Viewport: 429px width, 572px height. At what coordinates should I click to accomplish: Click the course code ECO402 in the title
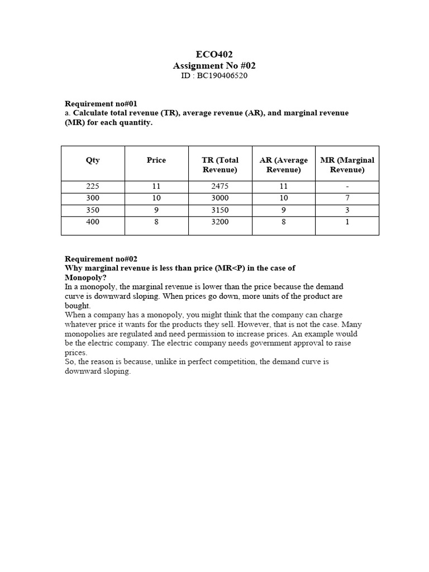click(214, 54)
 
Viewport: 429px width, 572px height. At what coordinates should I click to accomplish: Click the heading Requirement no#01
click(101, 104)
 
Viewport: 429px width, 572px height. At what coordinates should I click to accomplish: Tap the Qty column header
click(93, 160)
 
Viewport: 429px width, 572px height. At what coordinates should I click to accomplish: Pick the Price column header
click(156, 160)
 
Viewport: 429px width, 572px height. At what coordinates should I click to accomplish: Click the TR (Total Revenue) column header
click(220, 165)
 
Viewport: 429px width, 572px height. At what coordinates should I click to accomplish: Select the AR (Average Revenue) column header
click(284, 165)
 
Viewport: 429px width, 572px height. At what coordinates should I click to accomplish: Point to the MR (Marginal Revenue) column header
click(347, 165)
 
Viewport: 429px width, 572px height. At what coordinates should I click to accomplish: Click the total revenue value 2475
click(220, 187)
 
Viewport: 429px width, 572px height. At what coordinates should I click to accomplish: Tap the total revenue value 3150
click(220, 211)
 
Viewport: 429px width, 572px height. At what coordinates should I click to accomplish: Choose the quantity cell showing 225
click(93, 187)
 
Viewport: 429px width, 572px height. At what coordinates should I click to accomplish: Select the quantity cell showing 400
click(93, 222)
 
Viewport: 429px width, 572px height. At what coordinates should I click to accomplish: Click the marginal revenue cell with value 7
click(347, 198)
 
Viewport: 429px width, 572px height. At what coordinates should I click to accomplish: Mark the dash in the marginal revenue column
click(347, 187)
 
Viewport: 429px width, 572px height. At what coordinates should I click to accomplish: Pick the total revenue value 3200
click(220, 222)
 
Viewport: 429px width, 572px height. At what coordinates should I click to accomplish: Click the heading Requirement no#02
click(101, 259)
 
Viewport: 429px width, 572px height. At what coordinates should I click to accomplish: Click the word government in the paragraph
click(259, 343)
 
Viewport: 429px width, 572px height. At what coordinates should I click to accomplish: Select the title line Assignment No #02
click(214, 65)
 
